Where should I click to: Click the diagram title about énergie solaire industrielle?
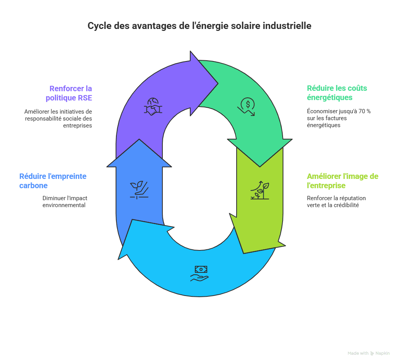199,26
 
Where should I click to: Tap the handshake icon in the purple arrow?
153,107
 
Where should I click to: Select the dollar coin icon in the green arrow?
247,107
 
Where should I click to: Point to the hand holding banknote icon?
199,273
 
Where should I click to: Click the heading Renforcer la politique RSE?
70,93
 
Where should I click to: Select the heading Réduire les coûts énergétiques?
337,93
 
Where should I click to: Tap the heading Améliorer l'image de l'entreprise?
342,181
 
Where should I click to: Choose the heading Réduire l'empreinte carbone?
53,181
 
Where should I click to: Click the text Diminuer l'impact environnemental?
65,202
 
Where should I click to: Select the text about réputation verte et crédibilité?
336,202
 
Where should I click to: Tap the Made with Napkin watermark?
368,353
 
